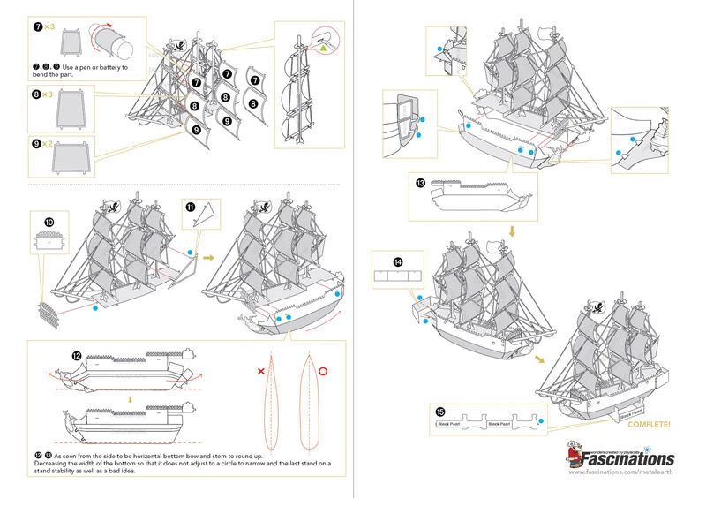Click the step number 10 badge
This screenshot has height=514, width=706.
coord(49,221)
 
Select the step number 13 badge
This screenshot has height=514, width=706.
coord(421,183)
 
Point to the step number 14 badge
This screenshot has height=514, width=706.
coord(398,262)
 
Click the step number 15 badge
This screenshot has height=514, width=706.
coord(439,412)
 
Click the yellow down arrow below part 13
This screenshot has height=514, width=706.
coord(511,230)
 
